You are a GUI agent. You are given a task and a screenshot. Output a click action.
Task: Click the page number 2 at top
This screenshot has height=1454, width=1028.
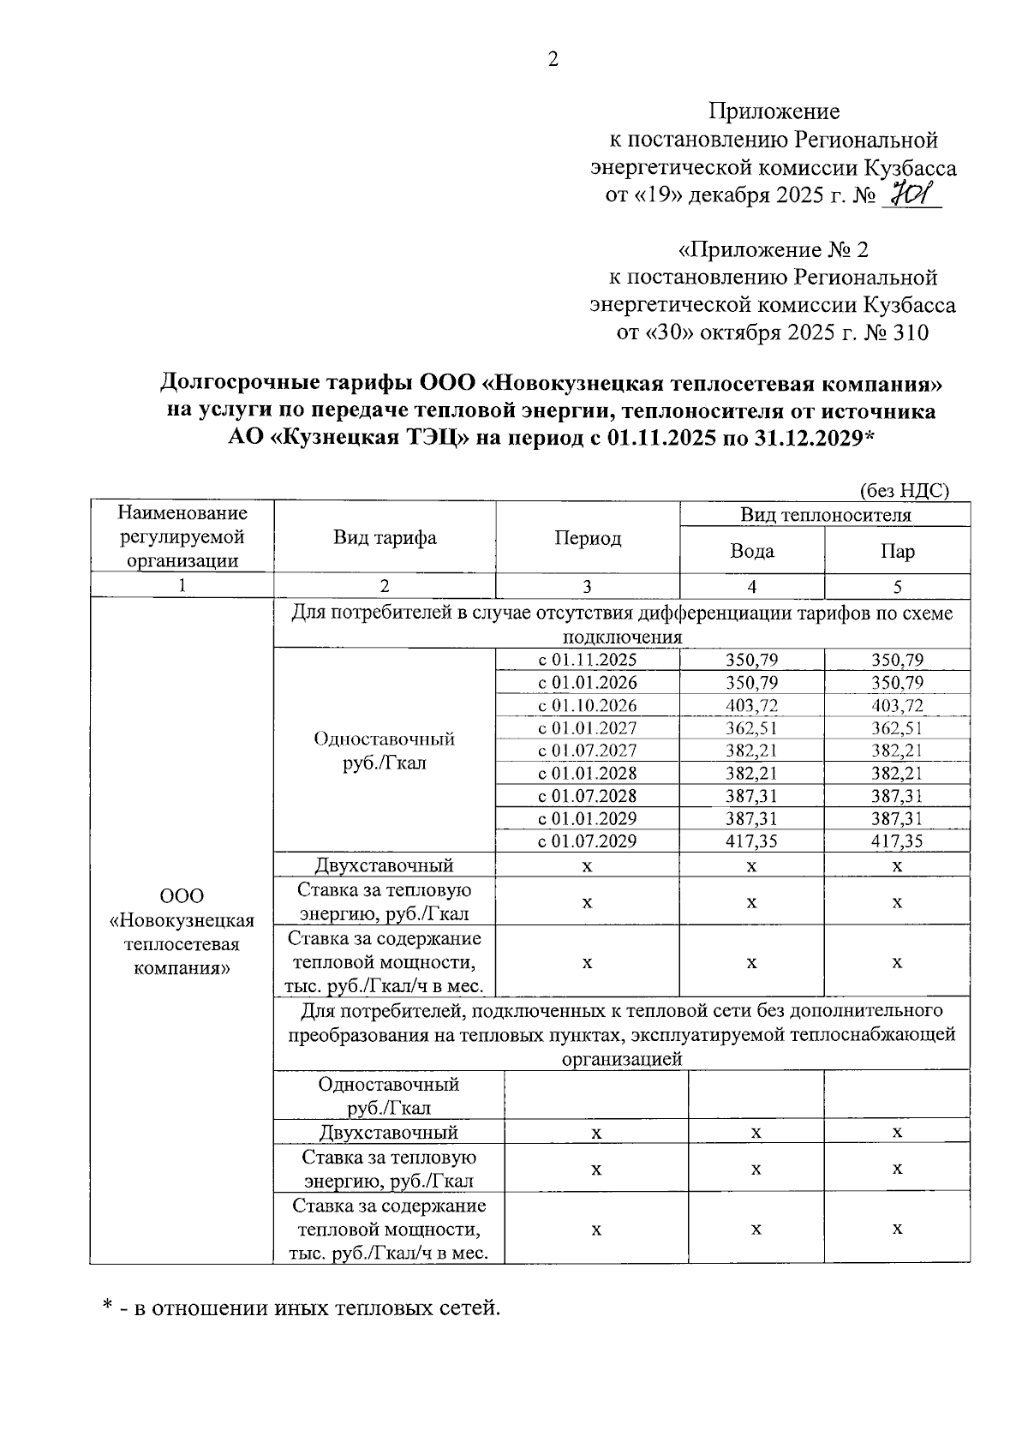click(x=553, y=59)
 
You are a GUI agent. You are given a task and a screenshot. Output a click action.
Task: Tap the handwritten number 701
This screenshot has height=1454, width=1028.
click(x=910, y=195)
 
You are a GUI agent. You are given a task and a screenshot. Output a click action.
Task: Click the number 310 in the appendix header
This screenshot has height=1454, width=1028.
click(x=909, y=332)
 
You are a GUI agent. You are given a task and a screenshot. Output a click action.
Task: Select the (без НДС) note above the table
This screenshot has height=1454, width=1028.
click(x=904, y=491)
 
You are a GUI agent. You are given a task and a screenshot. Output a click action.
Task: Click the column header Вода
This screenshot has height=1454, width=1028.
click(x=751, y=550)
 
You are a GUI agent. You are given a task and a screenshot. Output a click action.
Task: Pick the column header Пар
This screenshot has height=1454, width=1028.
click(x=897, y=550)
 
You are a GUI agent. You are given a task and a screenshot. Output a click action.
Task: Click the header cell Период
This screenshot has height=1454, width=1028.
click(x=587, y=538)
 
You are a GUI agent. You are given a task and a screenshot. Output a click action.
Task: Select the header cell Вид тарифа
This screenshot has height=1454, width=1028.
click(x=385, y=538)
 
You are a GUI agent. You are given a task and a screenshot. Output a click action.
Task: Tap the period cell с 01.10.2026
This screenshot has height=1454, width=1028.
click(x=587, y=706)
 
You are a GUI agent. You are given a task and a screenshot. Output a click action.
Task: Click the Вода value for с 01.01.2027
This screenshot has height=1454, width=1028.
click(x=751, y=728)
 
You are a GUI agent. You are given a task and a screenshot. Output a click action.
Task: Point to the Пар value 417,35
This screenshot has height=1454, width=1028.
click(x=897, y=841)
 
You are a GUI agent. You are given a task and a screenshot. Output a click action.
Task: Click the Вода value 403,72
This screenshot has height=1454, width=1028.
click(x=751, y=706)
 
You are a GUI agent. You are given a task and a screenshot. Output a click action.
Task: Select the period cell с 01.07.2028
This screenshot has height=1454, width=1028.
click(x=587, y=796)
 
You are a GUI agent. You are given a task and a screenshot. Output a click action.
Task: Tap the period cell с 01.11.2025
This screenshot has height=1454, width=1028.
click(x=587, y=661)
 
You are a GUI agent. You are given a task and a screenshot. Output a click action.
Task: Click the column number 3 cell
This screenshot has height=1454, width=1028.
click(x=587, y=587)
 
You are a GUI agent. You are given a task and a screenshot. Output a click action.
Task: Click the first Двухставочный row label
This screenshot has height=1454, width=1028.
click(x=385, y=865)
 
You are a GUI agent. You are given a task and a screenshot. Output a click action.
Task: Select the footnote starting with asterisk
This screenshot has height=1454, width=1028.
click(x=300, y=1308)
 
